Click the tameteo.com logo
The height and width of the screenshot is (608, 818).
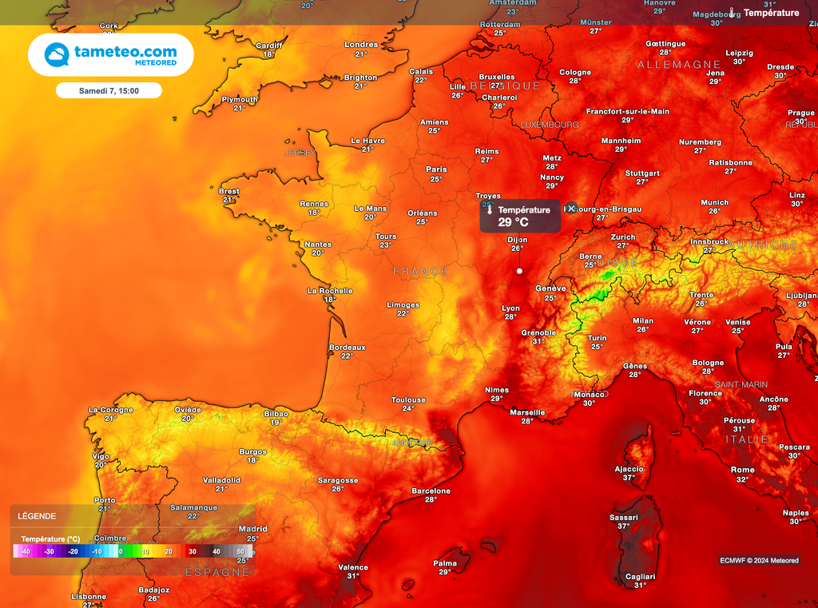click(x=111, y=54)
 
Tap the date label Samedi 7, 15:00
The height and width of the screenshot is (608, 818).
click(x=109, y=91)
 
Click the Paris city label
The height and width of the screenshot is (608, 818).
click(x=436, y=169)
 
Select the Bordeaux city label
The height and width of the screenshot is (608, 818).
click(x=347, y=348)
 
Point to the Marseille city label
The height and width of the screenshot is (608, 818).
click(x=527, y=413)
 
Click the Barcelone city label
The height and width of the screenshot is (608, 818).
click(x=431, y=491)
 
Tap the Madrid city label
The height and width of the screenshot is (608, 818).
click(x=253, y=529)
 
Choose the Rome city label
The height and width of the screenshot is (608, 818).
click(x=742, y=470)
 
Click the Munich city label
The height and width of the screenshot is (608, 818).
click(x=714, y=203)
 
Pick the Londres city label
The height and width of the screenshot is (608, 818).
click(x=361, y=45)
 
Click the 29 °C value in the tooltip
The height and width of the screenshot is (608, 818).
click(x=514, y=222)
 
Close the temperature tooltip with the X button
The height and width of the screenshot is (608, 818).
click(x=572, y=208)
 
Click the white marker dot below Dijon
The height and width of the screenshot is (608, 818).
click(x=519, y=271)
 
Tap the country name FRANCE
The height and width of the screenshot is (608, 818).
click(x=421, y=272)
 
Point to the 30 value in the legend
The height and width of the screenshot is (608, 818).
click(x=193, y=551)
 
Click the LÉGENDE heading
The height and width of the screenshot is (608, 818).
click(x=37, y=516)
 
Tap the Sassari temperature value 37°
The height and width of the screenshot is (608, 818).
click(x=623, y=527)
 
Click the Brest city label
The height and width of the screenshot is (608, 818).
click(x=229, y=191)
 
